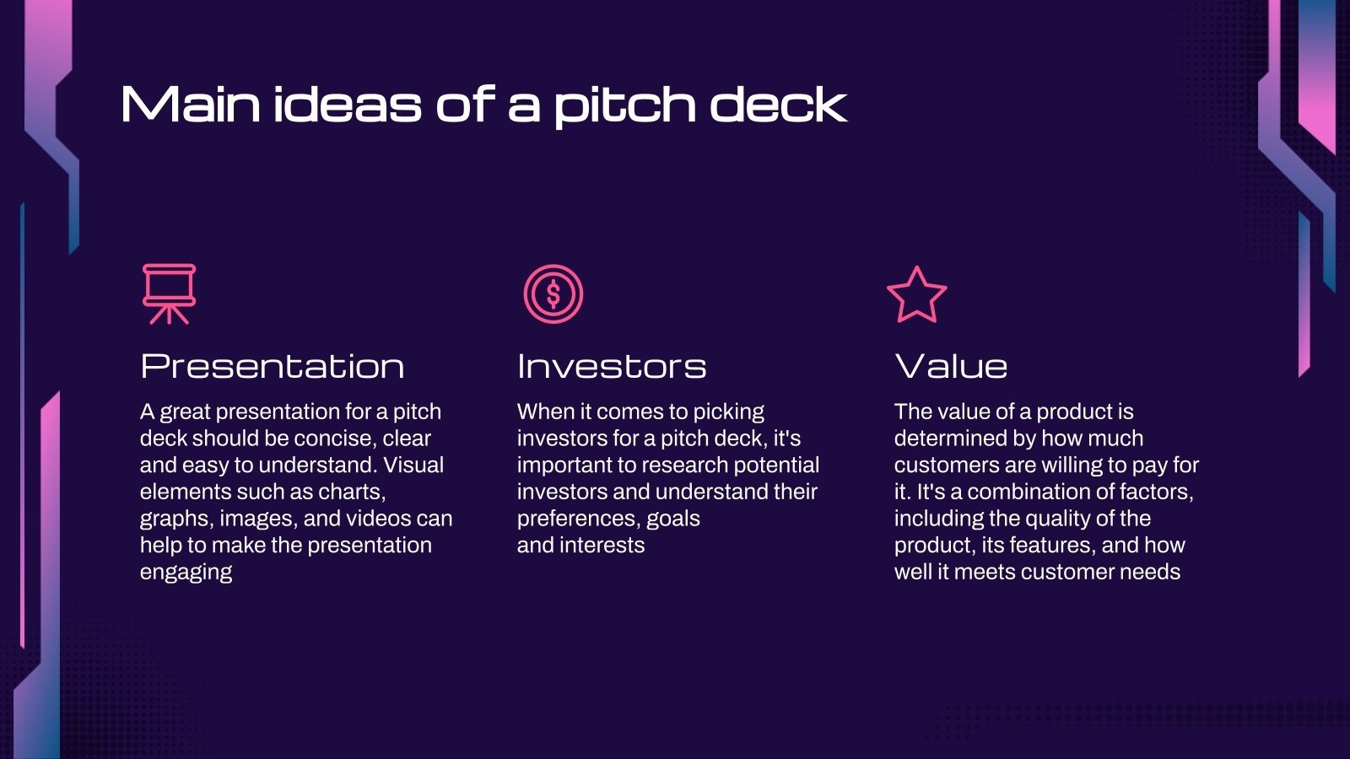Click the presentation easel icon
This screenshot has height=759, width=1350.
[x=169, y=293]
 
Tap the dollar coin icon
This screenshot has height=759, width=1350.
[x=553, y=294]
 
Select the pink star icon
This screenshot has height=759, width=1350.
[x=916, y=295]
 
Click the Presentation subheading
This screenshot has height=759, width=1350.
[x=273, y=366]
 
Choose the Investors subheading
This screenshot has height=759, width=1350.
[x=612, y=366]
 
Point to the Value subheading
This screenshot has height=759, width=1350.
[x=951, y=366]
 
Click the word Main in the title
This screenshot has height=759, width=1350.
[x=191, y=105]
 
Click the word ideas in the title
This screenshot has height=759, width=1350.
[x=346, y=105]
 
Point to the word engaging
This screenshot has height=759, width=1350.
[x=186, y=573]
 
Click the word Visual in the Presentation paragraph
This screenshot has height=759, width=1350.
[x=413, y=465]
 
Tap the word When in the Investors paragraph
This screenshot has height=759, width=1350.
[x=545, y=412]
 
